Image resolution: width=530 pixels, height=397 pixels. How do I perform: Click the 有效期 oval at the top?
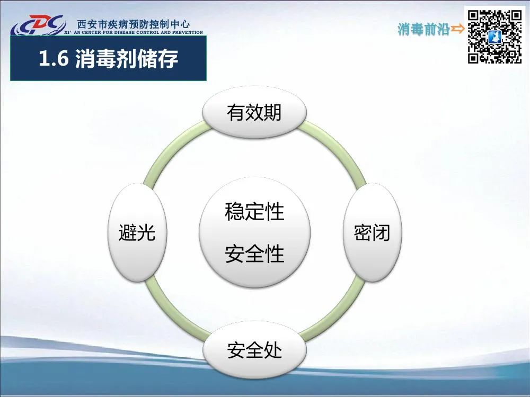tap(254, 112)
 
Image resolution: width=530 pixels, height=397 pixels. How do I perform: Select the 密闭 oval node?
tap(372, 232)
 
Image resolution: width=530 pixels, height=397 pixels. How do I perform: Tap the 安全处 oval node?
tap(254, 350)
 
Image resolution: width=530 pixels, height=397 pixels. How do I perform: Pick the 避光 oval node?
tap(137, 232)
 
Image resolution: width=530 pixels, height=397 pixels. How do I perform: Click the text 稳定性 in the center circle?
tap(254, 211)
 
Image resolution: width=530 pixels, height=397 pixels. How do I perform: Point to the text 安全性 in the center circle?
tap(254, 254)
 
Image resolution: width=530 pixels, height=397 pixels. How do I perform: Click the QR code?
tap(494, 37)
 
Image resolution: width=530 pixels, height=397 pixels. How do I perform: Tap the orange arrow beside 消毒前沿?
tap(458, 29)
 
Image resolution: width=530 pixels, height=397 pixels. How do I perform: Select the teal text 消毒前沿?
tap(423, 29)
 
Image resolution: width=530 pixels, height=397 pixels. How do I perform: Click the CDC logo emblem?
tap(38, 25)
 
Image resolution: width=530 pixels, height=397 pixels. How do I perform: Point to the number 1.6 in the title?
tap(54, 58)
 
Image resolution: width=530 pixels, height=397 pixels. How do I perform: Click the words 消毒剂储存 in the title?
tap(127, 58)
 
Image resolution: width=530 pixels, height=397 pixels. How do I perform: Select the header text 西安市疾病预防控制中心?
tap(133, 24)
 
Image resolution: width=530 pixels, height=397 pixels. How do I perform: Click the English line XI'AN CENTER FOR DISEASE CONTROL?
tap(134, 32)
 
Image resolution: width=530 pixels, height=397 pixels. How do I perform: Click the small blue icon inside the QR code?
tap(494, 37)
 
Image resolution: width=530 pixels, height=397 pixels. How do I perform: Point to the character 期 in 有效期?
tap(272, 112)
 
